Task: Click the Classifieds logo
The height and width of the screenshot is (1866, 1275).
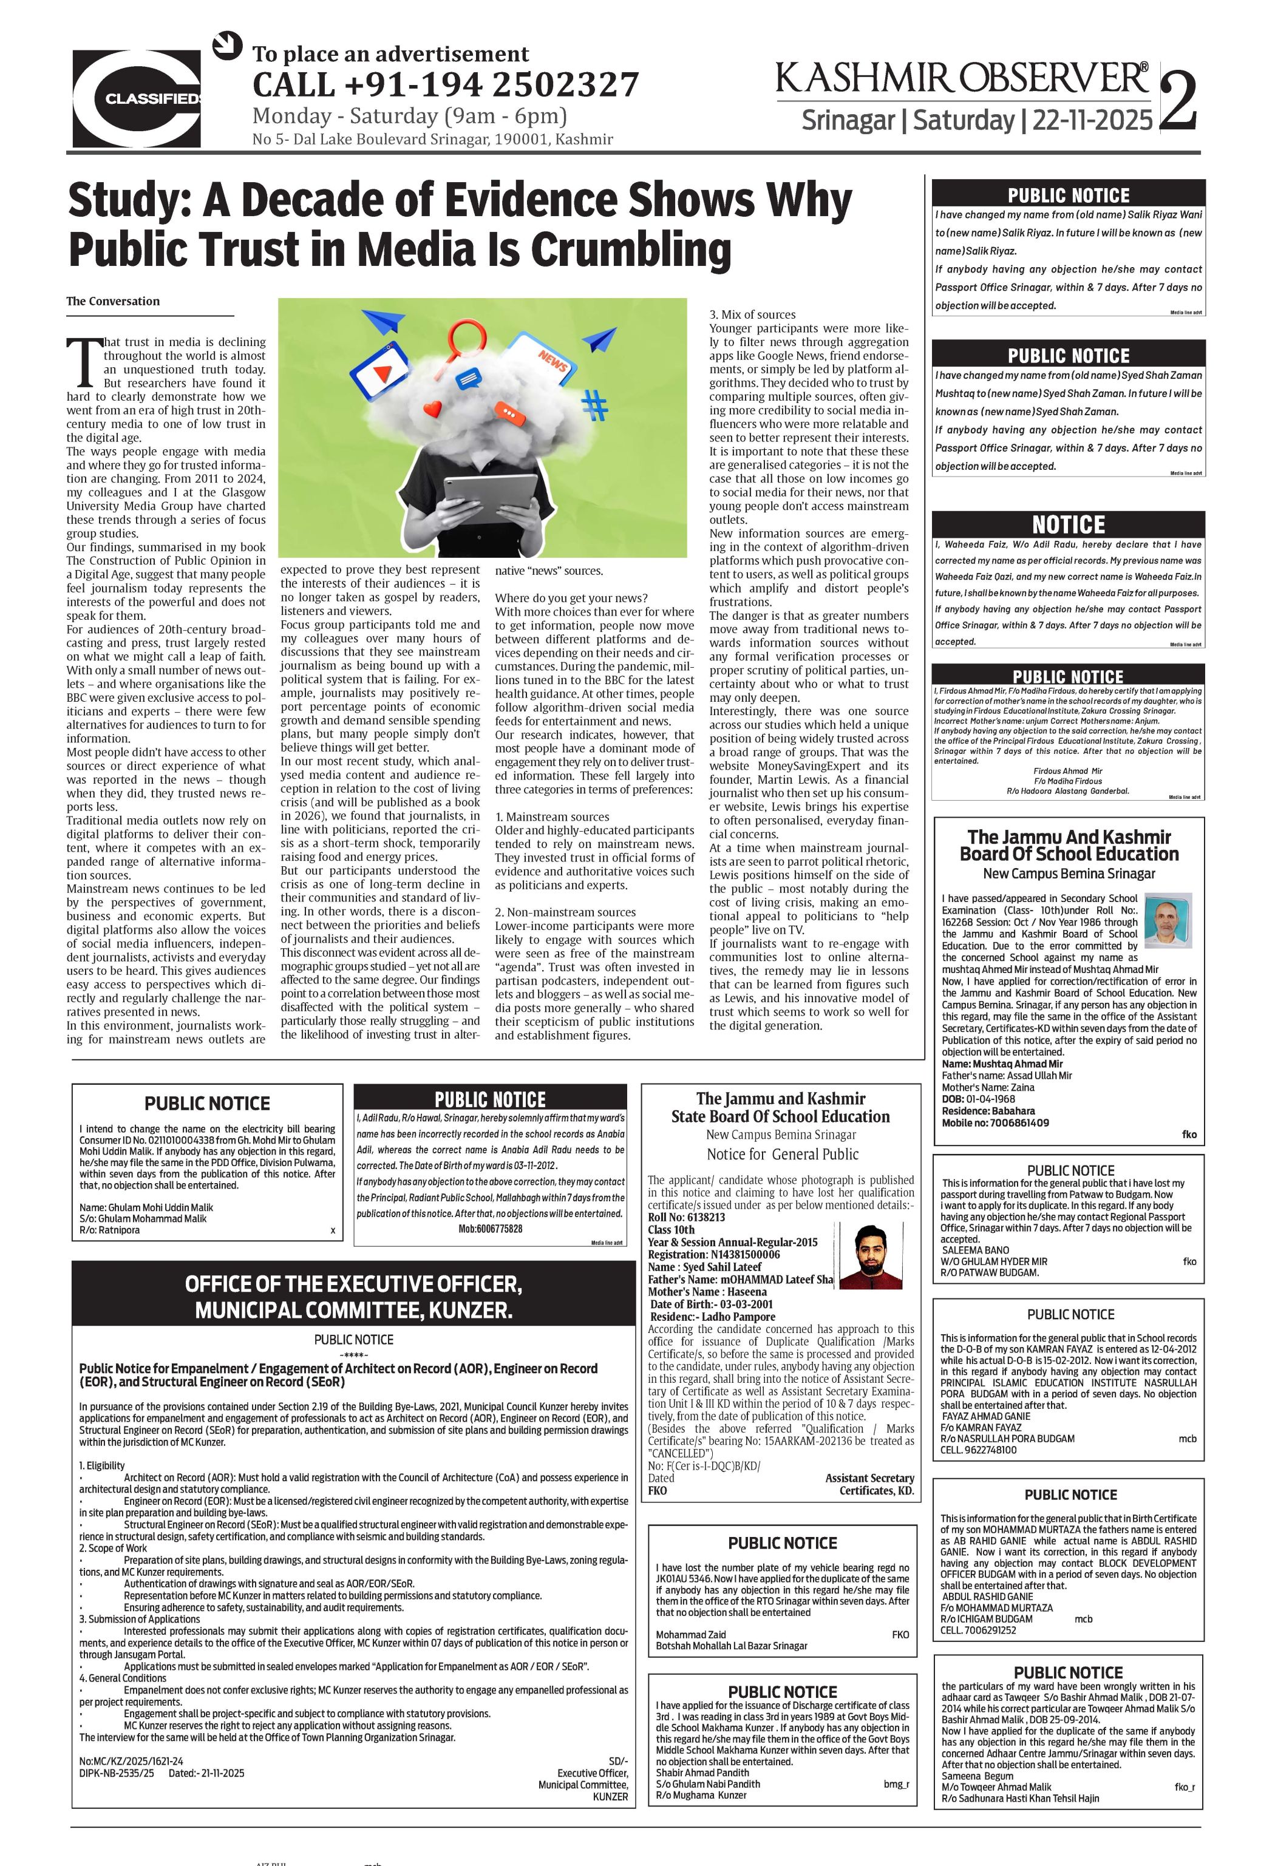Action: pyautogui.click(x=137, y=99)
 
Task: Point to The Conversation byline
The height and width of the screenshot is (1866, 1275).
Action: pyautogui.click(x=113, y=301)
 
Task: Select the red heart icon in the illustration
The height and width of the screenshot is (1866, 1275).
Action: pyautogui.click(x=433, y=409)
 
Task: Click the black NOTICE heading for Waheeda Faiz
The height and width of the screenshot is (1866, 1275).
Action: pyautogui.click(x=1068, y=525)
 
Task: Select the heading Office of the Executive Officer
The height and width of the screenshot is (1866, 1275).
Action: pyautogui.click(x=353, y=1297)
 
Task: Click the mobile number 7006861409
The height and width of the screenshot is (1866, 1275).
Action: pyautogui.click(x=1011, y=1122)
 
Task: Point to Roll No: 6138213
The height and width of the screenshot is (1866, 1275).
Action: pyautogui.click(x=687, y=1217)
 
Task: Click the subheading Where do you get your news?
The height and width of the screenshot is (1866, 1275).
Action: pyautogui.click(x=571, y=597)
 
